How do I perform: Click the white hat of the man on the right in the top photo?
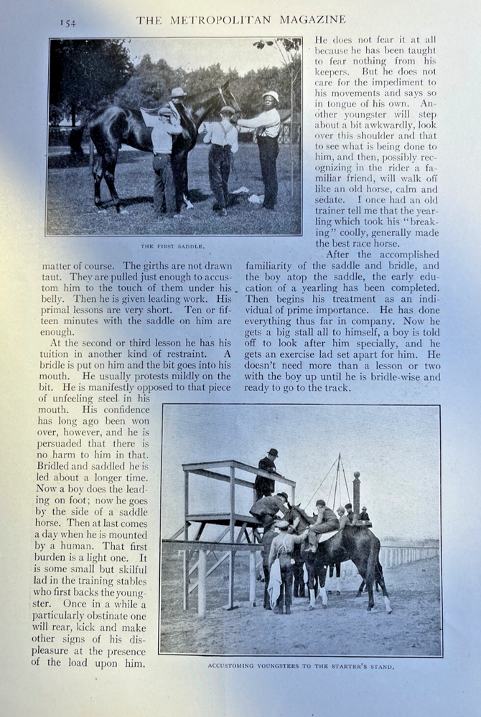[271, 95]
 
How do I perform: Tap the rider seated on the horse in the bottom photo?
[325, 523]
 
